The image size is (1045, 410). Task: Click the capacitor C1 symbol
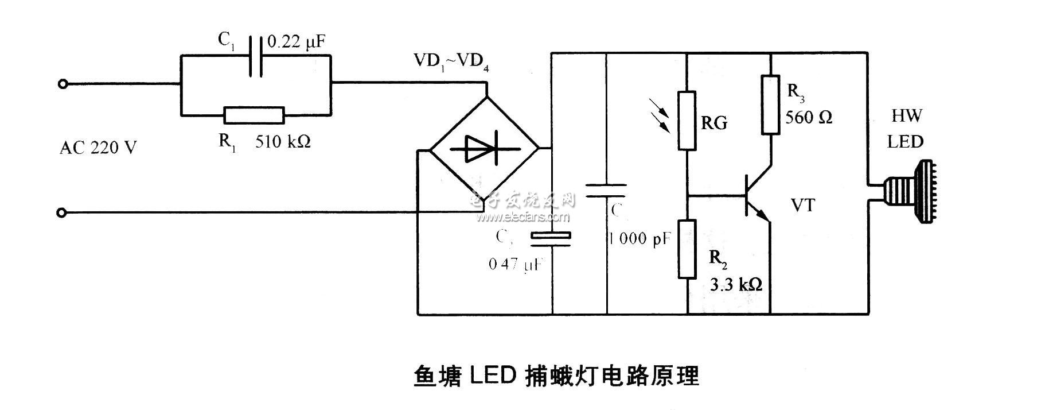point(256,56)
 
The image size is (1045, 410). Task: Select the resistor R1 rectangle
point(254,115)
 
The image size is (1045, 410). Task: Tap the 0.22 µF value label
point(297,41)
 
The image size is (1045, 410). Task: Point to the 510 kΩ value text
point(283,141)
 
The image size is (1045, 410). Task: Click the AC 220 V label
point(98,148)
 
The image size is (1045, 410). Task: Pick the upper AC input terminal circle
point(63,84)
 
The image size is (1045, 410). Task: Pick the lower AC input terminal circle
point(63,213)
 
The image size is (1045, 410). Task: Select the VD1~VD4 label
point(451,61)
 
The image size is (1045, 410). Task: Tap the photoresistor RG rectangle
point(687,121)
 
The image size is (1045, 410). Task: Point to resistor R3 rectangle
point(770,105)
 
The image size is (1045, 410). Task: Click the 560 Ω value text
point(809,118)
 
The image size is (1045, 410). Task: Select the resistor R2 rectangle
point(687,249)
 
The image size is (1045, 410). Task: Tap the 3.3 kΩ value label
point(736,284)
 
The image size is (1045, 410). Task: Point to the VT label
point(802,205)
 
